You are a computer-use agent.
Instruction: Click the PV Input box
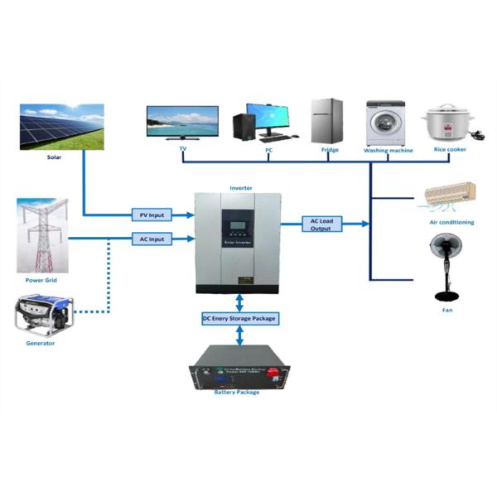click(151, 215)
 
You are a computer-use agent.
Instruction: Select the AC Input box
click(151, 239)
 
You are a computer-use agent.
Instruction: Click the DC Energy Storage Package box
click(239, 318)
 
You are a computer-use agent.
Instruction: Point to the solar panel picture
click(61, 126)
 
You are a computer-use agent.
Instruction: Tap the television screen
click(182, 121)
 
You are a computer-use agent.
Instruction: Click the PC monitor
click(273, 118)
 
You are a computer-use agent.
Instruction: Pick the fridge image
click(326, 121)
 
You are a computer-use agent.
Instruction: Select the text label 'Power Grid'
click(41, 280)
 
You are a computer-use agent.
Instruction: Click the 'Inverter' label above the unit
click(240, 188)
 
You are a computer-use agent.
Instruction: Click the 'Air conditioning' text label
click(451, 222)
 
